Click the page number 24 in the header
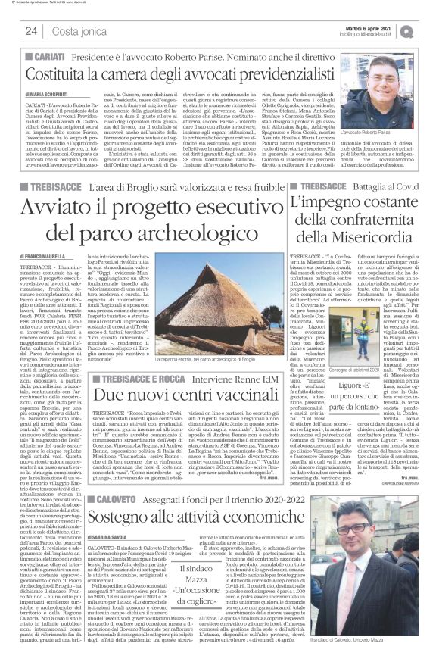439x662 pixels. [x=31, y=30]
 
